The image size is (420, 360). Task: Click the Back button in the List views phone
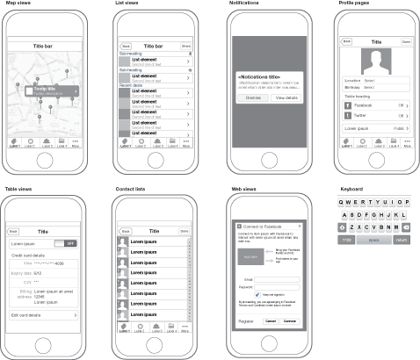[126, 45]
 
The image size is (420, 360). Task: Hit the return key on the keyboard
[402, 237]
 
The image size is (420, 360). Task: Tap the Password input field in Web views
[279, 287]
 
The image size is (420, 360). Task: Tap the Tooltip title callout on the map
[53, 90]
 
